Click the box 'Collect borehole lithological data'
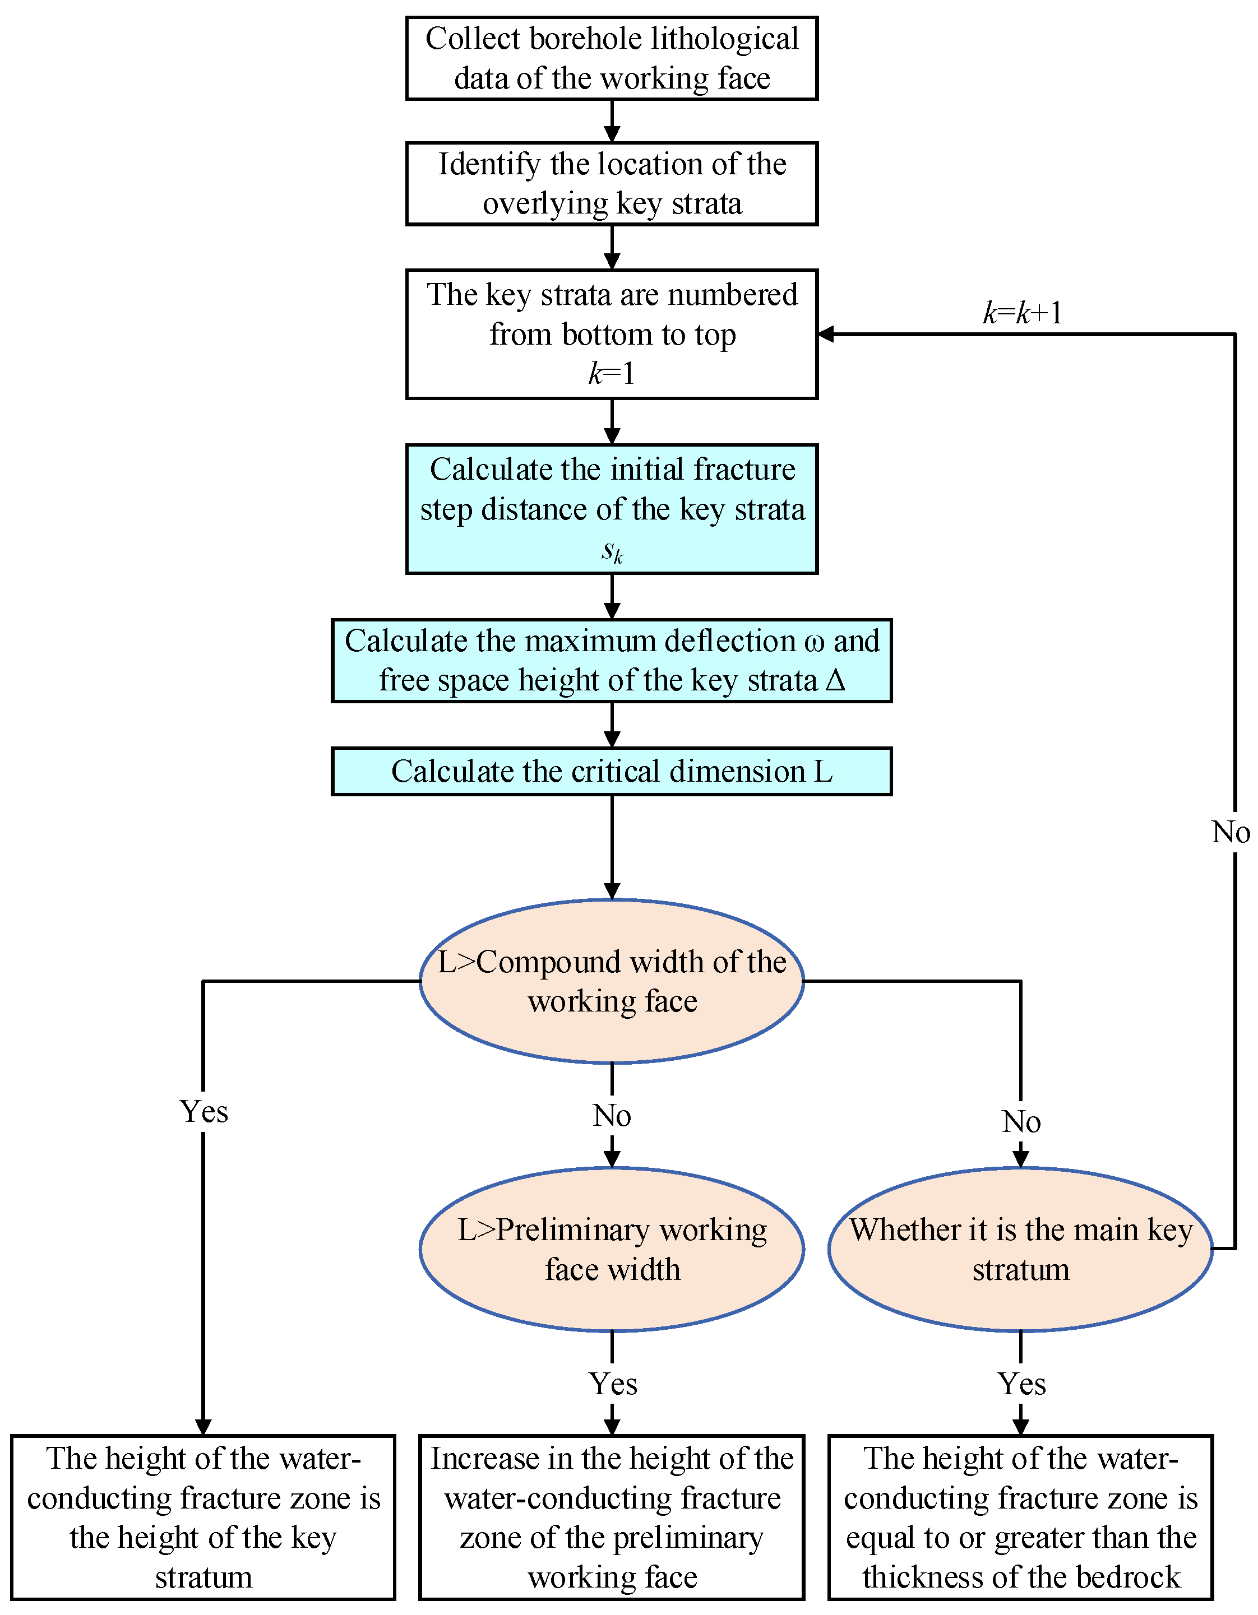tap(612, 58)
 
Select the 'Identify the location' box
tap(612, 183)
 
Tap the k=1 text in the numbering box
tap(612, 373)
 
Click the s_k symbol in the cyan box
tap(612, 551)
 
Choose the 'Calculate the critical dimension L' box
tap(612, 771)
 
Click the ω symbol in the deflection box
tap(813, 642)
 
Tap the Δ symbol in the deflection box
tap(835, 680)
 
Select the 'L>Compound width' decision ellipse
tap(612, 981)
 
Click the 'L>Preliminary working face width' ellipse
tap(612, 1250)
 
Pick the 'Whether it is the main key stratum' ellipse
tap(1021, 1250)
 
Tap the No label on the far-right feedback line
tap(1231, 833)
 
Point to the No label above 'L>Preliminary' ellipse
tap(612, 1116)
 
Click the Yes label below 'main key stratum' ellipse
tap(1021, 1384)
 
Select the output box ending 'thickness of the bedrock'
tap(1021, 1517)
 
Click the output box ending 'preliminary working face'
tap(612, 1517)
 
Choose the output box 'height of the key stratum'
tap(203, 1517)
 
